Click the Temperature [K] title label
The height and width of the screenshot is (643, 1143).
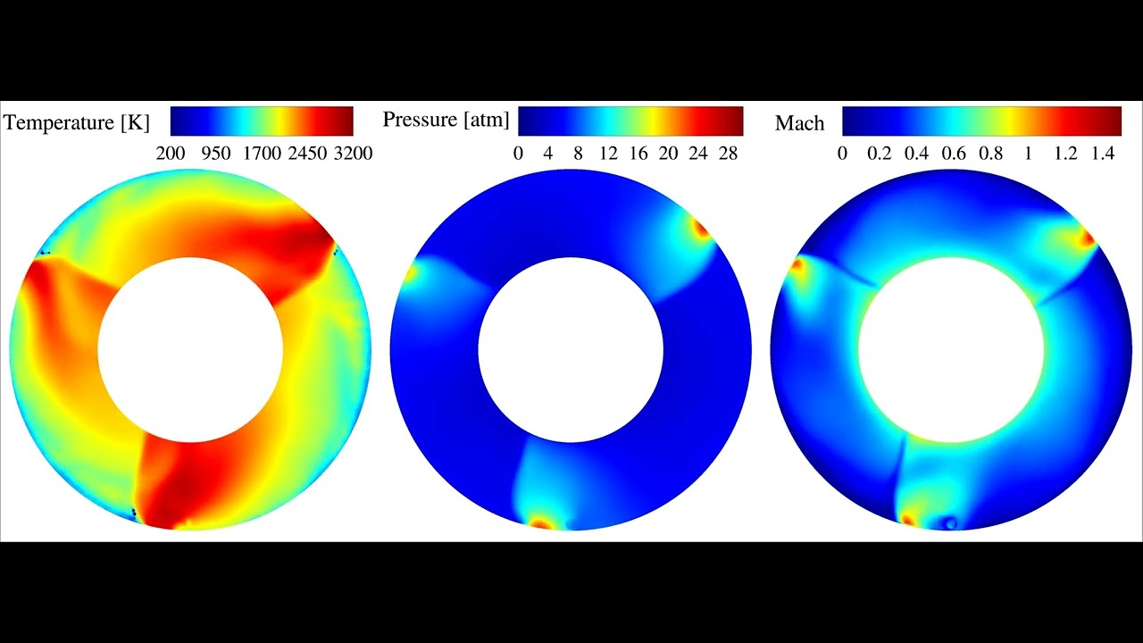click(x=77, y=122)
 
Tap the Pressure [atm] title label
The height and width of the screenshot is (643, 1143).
click(x=446, y=120)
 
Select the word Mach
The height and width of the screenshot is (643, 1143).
click(x=799, y=123)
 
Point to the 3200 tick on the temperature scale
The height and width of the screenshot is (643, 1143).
click(x=352, y=154)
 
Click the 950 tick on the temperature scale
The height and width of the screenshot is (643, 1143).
click(x=217, y=154)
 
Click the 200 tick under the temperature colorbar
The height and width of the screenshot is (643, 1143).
click(x=171, y=154)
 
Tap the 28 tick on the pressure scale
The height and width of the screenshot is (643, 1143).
click(x=729, y=154)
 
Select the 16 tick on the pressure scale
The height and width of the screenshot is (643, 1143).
click(x=638, y=154)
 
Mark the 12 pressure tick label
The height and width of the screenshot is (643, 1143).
click(x=608, y=154)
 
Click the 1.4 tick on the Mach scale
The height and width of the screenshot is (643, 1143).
click(x=1103, y=154)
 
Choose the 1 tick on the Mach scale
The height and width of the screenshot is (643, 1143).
click(x=1029, y=154)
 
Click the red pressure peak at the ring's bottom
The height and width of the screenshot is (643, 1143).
click(x=540, y=523)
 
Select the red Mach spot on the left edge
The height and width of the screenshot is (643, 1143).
click(x=797, y=264)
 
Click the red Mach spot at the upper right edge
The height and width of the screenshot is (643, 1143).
click(x=1087, y=238)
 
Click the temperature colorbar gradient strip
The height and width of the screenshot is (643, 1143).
click(x=262, y=121)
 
